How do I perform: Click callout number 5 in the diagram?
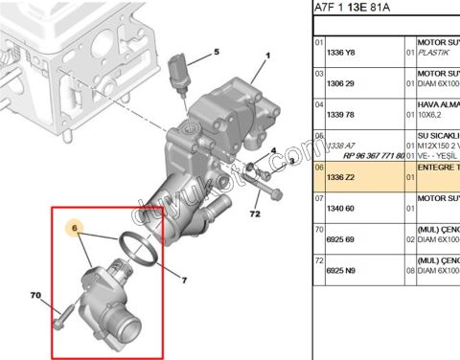tap(216, 52)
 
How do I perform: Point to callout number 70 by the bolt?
tap(35, 296)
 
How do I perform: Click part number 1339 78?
tap(341, 116)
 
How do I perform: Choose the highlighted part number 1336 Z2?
tap(341, 177)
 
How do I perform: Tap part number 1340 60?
tap(341, 208)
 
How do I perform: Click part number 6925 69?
tap(341, 238)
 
